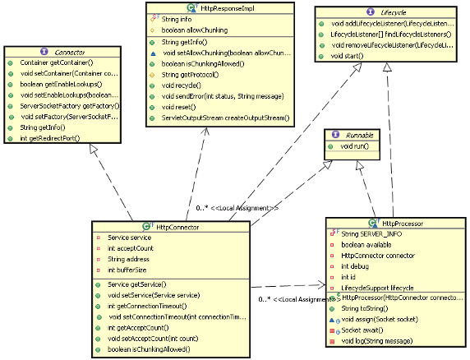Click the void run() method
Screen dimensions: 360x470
pos(355,145)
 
